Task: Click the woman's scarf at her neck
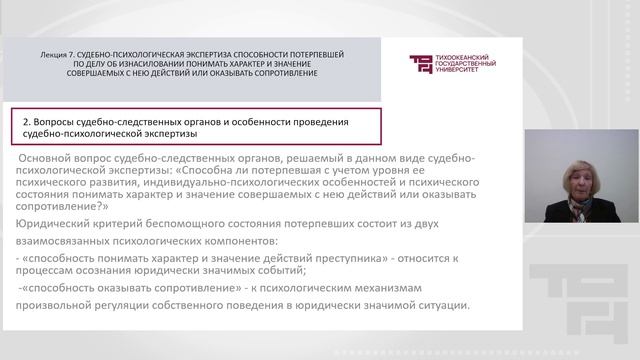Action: click(x=580, y=206)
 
